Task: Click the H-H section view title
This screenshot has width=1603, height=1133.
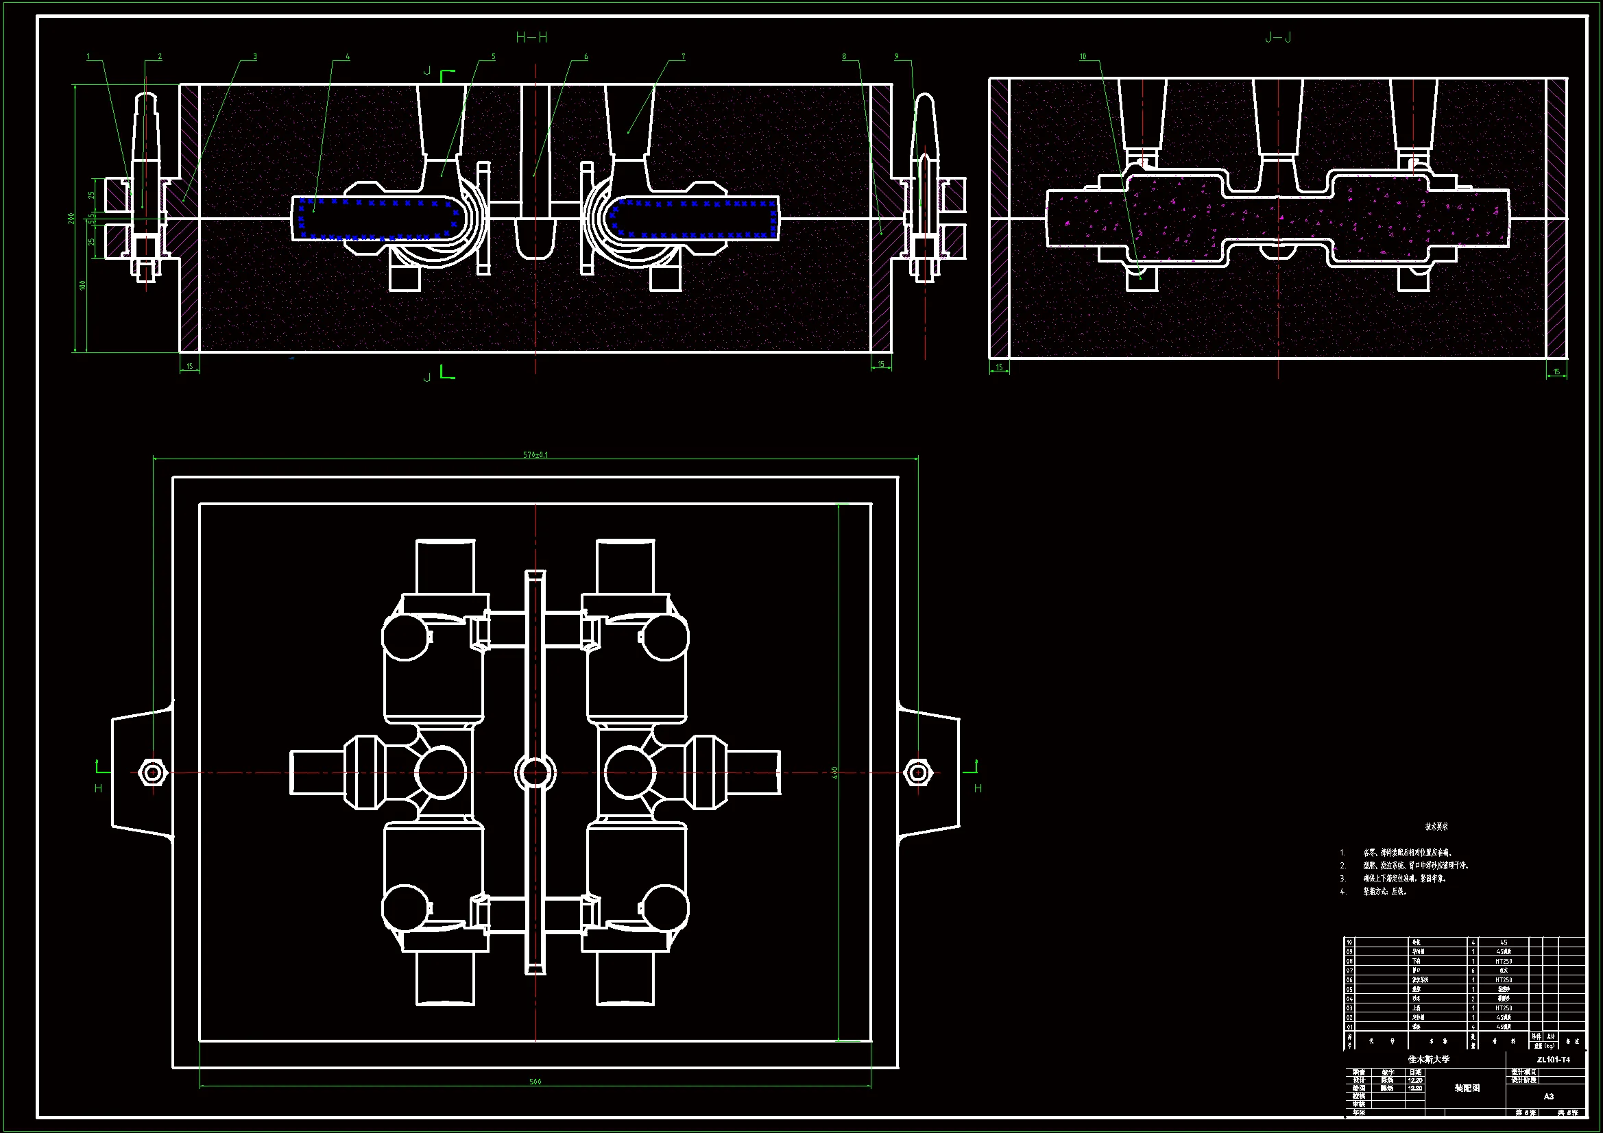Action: click(x=531, y=38)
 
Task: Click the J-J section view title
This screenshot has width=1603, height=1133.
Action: click(x=1277, y=38)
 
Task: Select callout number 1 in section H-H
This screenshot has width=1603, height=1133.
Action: click(x=88, y=56)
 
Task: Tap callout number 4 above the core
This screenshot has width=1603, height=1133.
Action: click(x=348, y=56)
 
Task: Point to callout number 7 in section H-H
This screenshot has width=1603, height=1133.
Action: click(x=683, y=56)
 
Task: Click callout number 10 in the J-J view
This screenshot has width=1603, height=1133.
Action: click(x=1083, y=56)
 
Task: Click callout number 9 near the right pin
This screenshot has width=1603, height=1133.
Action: click(x=896, y=56)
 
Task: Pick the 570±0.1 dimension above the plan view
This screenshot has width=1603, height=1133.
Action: click(x=535, y=455)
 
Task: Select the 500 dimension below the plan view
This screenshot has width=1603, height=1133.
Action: click(x=535, y=1082)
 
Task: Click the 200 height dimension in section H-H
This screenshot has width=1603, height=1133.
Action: click(x=72, y=218)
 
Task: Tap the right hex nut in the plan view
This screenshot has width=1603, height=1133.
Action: click(x=918, y=772)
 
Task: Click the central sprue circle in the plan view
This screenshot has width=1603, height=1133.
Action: click(x=535, y=772)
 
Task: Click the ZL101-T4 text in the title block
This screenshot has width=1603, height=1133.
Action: click(x=1553, y=1060)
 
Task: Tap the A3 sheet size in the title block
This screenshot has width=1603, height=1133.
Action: click(x=1549, y=1096)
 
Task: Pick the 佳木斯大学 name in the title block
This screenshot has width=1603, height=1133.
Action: click(x=1428, y=1059)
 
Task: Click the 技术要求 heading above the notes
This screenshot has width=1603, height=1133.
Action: click(x=1436, y=827)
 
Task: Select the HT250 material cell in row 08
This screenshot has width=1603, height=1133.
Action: click(x=1503, y=961)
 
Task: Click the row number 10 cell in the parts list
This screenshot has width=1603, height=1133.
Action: click(x=1349, y=942)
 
